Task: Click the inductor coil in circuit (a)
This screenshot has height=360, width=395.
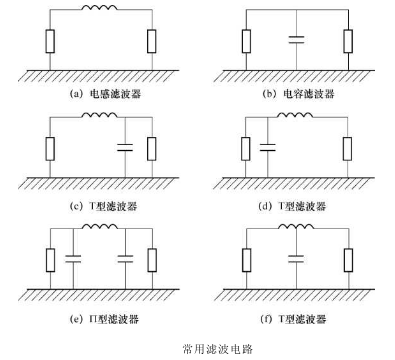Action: (x=100, y=13)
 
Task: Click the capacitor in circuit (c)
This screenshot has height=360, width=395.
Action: (x=125, y=148)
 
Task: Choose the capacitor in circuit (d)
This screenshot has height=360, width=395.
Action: (x=268, y=148)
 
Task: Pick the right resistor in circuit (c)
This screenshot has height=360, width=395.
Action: (x=151, y=148)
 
